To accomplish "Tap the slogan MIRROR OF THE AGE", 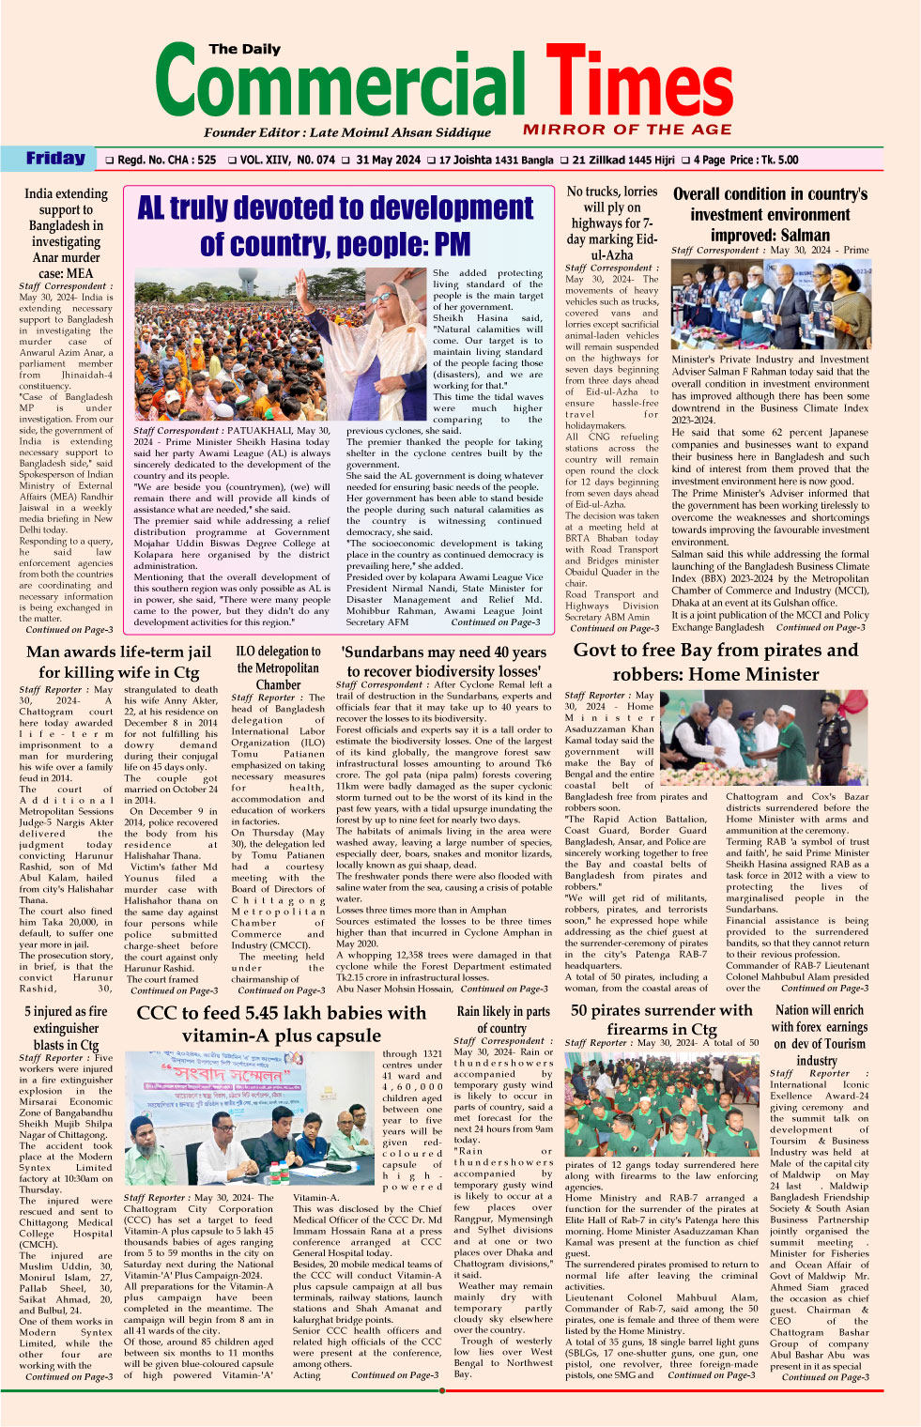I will coord(627,130).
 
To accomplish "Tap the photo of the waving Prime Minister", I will coord(281,346).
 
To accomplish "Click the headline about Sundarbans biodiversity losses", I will coord(443,661).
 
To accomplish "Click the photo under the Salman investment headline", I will coord(770,304).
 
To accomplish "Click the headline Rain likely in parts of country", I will coord(502,1020).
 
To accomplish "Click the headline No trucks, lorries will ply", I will coord(611,222).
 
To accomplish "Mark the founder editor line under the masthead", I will coord(346,132).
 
